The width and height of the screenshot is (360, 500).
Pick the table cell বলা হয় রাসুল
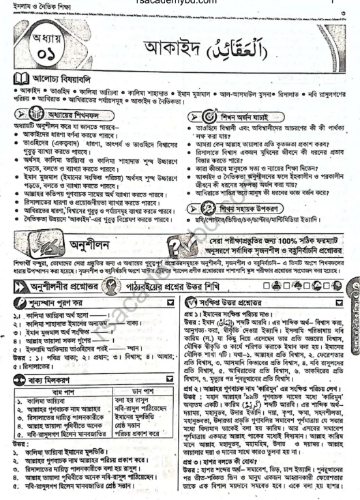138,392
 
